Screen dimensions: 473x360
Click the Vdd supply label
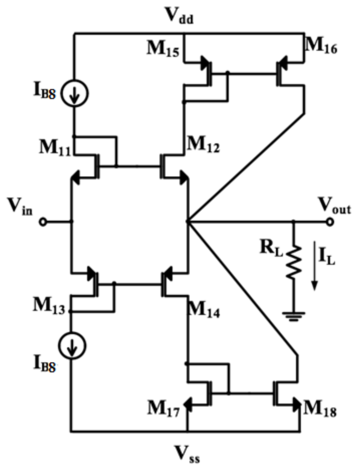[180, 16]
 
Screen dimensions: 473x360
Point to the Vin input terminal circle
[43, 222]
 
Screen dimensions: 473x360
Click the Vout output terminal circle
[330, 222]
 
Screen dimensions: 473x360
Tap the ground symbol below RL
[294, 316]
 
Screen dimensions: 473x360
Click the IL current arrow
[314, 265]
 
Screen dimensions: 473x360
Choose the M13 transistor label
[49, 306]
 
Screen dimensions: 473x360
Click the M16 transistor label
[321, 46]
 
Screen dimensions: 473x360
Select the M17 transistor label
[163, 409]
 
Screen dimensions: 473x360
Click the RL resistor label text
[271, 249]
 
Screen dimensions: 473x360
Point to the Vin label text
[20, 207]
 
